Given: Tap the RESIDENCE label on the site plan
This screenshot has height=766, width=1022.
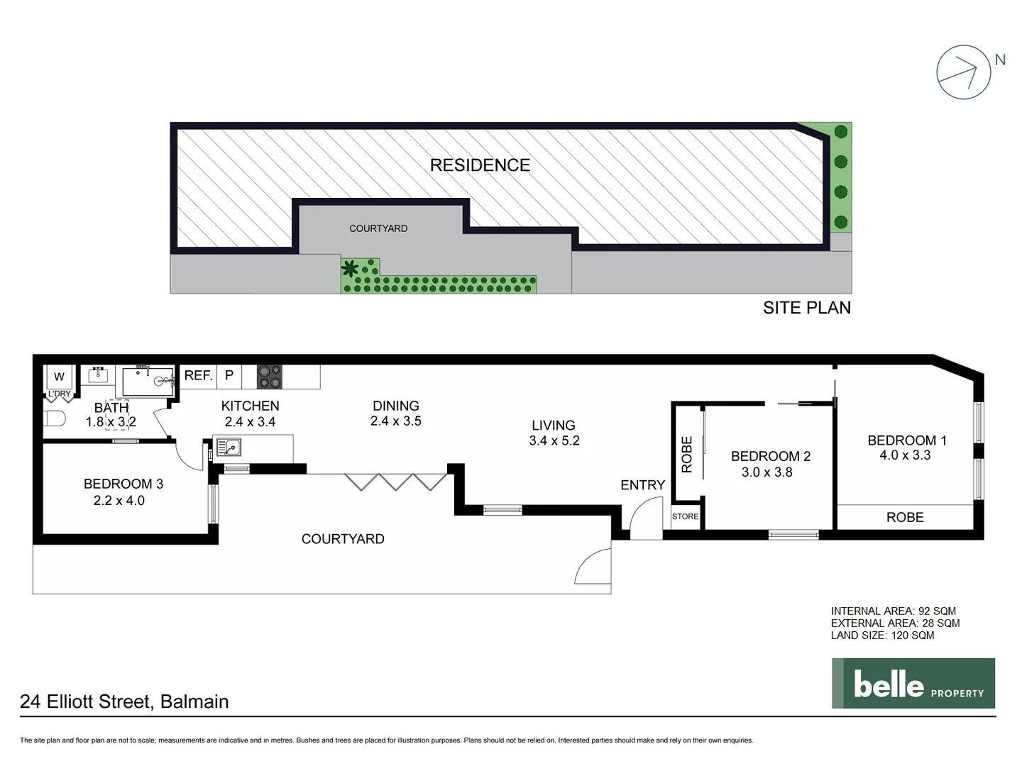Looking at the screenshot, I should coord(480,165).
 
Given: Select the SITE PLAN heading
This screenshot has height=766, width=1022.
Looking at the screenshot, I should coord(806,308).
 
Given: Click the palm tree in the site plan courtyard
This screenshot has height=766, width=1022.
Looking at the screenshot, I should coord(350,269).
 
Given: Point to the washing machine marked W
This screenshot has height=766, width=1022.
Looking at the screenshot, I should coord(59,377).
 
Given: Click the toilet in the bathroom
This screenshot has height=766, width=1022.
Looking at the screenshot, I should coord(54,418).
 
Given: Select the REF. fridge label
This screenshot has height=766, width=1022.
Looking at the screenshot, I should coord(198,376).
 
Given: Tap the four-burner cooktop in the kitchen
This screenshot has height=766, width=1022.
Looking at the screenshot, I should coord(269,377).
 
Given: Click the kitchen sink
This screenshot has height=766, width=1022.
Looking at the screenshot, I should coord(229,448).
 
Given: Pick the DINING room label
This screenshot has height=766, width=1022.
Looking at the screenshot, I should coord(395,406).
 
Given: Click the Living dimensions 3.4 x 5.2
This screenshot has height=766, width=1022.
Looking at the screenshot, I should coord(554,440).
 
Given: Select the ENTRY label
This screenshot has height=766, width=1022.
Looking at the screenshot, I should coord(642,485).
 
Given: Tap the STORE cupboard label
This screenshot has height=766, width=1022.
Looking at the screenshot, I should coord(685,516).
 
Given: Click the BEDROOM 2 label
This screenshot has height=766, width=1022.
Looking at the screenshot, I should coord(770,456).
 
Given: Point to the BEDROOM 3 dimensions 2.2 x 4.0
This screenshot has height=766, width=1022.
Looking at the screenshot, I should coord(119,501).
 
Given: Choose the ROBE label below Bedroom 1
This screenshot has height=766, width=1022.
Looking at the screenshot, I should coord(905,518).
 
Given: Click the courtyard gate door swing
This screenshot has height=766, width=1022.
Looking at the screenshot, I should coord(594,567).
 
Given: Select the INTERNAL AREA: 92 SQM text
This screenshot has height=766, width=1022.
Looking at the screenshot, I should coord(893,611).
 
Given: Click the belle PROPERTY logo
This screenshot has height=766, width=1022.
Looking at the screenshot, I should coord(913,684).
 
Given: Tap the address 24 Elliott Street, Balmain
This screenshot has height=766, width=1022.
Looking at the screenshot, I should coord(124,701).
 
